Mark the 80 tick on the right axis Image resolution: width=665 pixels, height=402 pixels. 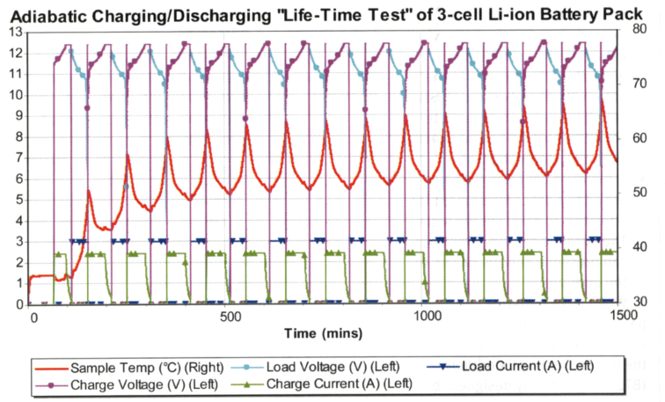click(639, 32)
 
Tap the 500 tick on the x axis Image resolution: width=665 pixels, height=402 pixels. click(230, 317)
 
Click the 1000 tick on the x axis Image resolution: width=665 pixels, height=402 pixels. click(428, 317)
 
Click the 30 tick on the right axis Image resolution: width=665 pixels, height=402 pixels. click(639, 303)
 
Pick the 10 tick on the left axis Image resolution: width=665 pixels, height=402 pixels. click(13, 94)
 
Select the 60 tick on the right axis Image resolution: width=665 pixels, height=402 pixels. click(639, 139)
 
